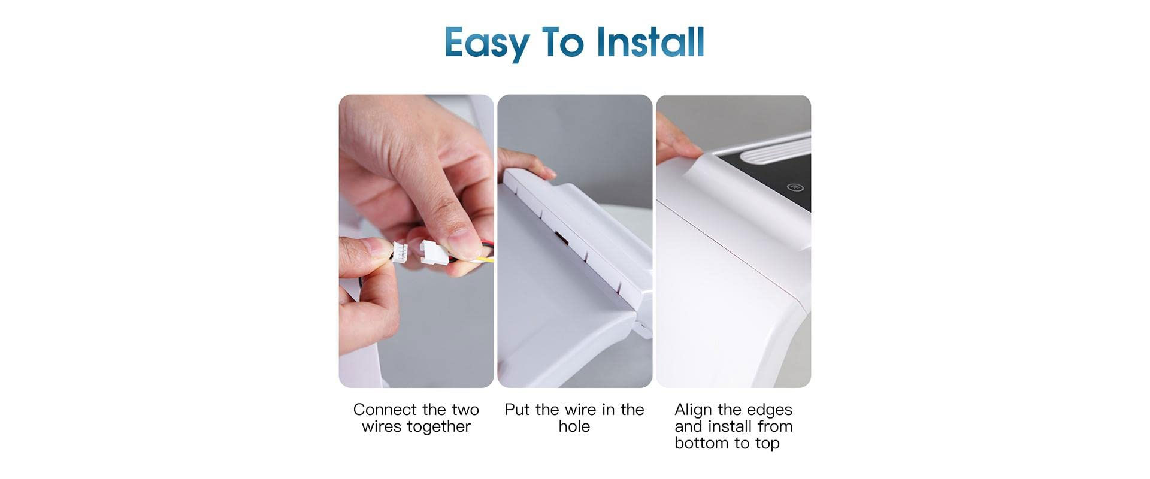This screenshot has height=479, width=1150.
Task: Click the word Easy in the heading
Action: [487, 43]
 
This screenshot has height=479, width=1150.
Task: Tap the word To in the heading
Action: [562, 42]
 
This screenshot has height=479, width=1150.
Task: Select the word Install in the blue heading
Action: [650, 42]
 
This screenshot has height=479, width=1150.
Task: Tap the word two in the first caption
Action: [465, 410]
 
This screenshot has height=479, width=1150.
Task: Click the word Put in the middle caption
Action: [517, 410]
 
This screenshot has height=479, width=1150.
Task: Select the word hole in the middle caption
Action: [574, 426]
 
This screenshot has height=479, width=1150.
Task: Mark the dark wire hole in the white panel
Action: [562, 238]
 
